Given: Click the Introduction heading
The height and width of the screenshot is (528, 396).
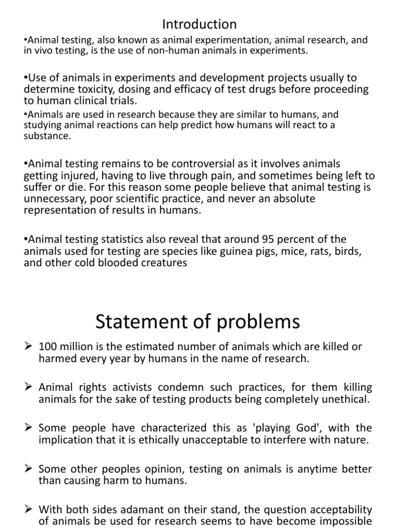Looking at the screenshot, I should coord(199,24).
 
